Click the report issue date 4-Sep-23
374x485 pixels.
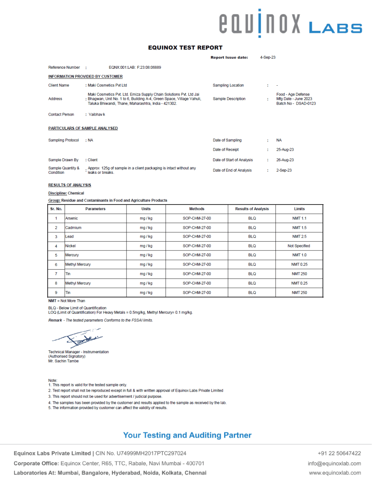pos(268,57)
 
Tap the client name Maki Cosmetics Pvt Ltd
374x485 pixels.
pos(107,85)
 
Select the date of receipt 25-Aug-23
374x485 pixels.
pos(285,150)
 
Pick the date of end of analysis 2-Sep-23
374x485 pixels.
pos(284,170)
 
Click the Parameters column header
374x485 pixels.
pos(95,209)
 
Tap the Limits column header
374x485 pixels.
pos(299,209)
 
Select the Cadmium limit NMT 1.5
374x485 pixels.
pos(299,228)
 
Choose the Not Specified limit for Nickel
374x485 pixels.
pos(299,246)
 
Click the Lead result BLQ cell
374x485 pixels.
pos(252,236)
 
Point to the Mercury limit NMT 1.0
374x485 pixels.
pos(299,255)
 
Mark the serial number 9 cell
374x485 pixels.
pos(56,292)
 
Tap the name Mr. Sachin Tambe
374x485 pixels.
pos(63,361)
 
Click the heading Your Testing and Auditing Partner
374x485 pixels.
pos(187,435)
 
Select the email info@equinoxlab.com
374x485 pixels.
pos(335,463)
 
